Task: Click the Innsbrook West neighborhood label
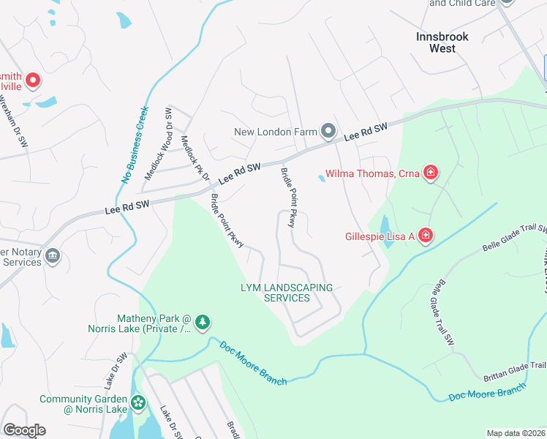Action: (442, 42)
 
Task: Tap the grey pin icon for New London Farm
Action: (328, 132)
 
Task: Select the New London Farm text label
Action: (276, 132)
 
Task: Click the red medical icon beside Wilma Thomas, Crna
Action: (431, 173)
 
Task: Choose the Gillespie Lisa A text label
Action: (380, 236)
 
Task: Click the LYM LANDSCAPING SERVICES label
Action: (287, 293)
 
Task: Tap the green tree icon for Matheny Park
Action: (203, 321)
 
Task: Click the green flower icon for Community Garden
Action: (137, 402)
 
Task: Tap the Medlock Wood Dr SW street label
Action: (158, 144)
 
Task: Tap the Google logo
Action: (24, 430)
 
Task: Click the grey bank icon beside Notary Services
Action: (52, 255)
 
